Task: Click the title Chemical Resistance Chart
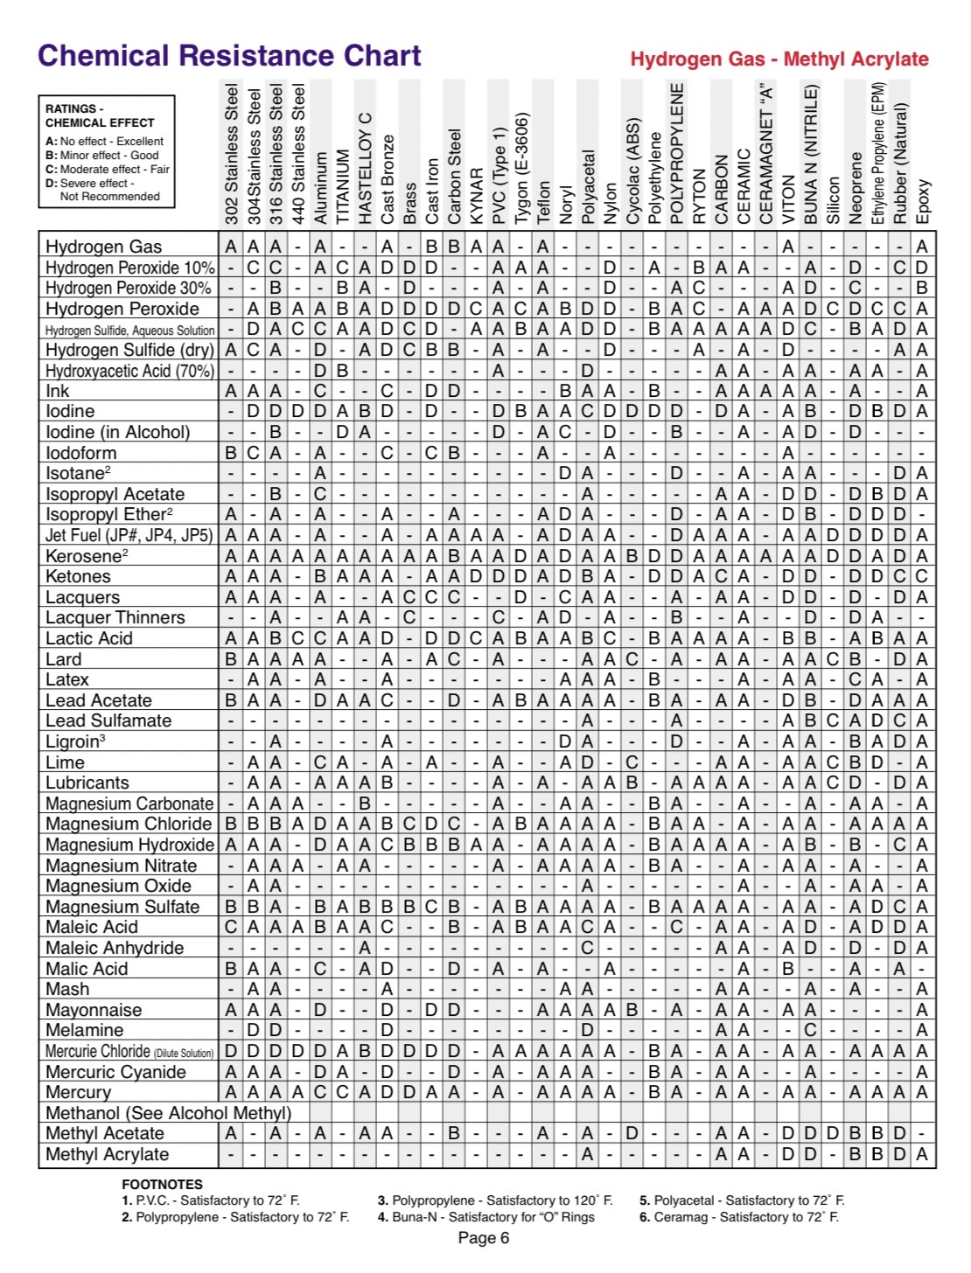pyautogui.click(x=229, y=56)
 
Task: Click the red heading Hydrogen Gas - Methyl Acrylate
pyautogui.click(x=779, y=59)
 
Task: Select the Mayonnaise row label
pyautogui.click(x=94, y=1010)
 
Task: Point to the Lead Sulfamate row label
pyautogui.click(x=108, y=720)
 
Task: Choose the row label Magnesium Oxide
pyautogui.click(x=118, y=886)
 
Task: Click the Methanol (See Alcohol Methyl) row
pyautogui.click(x=168, y=1113)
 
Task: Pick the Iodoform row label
pyautogui.click(x=80, y=453)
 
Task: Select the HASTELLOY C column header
pyautogui.click(x=365, y=166)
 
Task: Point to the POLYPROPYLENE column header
pyautogui.click(x=677, y=153)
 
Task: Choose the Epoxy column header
pyautogui.click(x=923, y=201)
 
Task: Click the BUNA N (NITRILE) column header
pyautogui.click(x=810, y=153)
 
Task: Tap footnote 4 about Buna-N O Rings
pyautogui.click(x=485, y=1217)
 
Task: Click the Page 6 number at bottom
pyautogui.click(x=484, y=1238)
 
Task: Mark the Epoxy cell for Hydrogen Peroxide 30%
pyautogui.click(x=922, y=288)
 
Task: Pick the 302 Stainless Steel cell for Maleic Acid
pyautogui.click(x=230, y=927)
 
